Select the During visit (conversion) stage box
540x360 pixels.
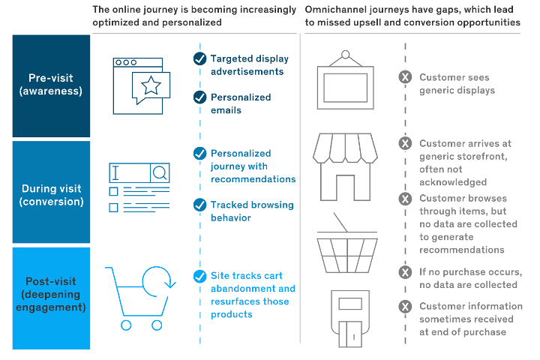point(51,194)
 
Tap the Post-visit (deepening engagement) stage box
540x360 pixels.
point(51,293)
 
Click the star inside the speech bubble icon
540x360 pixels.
point(151,85)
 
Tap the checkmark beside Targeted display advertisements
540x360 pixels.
point(199,58)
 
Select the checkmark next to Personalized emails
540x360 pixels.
point(199,97)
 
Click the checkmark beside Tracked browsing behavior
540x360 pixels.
point(199,205)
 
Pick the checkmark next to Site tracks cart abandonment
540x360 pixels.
point(199,276)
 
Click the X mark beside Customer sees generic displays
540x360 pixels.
point(405,77)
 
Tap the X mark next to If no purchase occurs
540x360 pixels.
point(405,271)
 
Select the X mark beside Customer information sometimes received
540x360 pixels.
point(405,306)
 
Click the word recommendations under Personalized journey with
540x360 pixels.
point(253,179)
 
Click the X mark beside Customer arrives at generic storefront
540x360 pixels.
point(405,143)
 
